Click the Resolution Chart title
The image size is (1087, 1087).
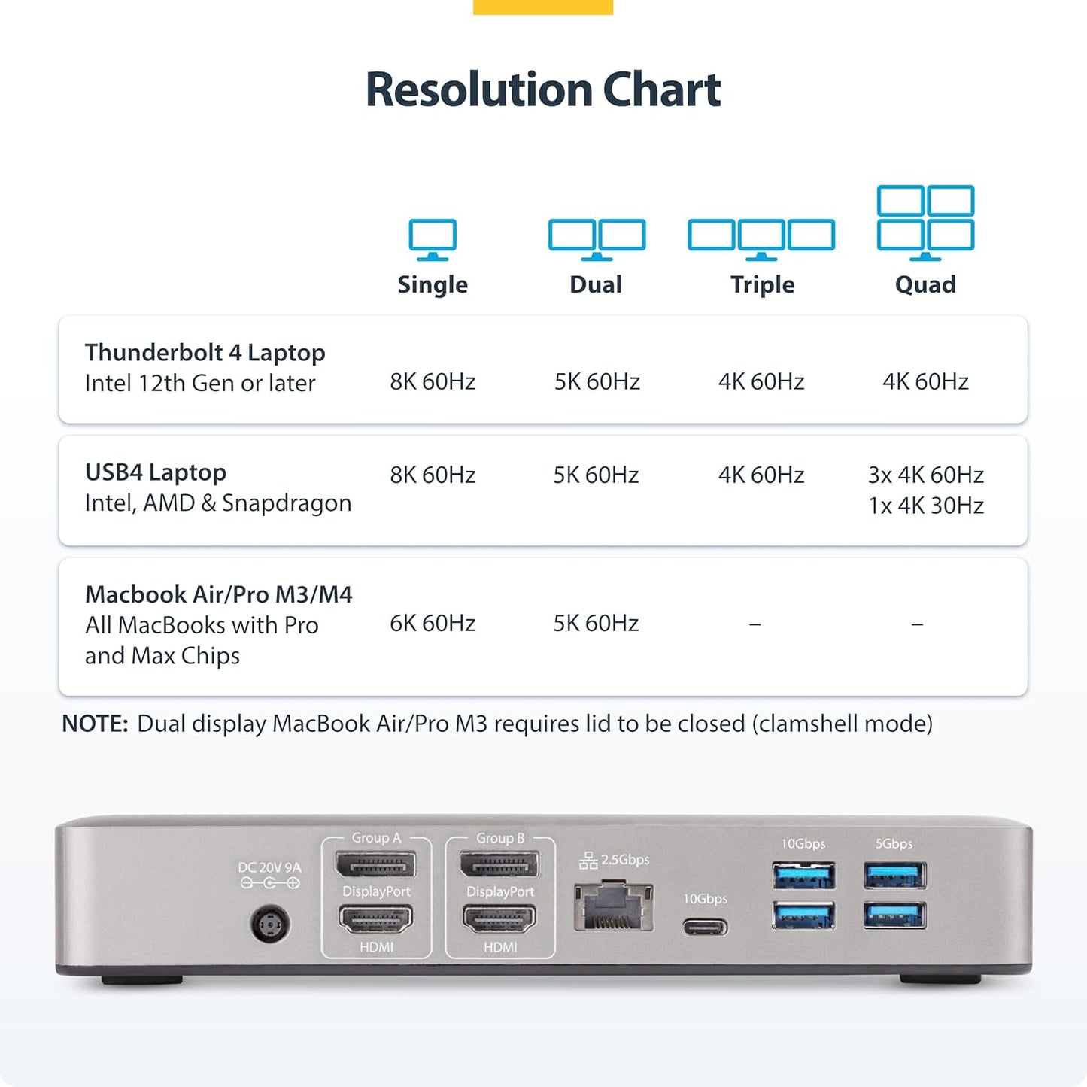pyautogui.click(x=542, y=90)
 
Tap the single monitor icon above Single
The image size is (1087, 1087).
pyautogui.click(x=433, y=238)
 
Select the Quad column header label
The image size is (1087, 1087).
pyautogui.click(x=925, y=284)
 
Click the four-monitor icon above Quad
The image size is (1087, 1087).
pyautogui.click(x=925, y=221)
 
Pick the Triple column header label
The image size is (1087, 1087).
pyautogui.click(x=762, y=284)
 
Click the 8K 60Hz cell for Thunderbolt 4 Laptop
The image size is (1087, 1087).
pyautogui.click(x=433, y=381)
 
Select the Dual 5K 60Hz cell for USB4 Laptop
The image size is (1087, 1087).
pyautogui.click(x=596, y=475)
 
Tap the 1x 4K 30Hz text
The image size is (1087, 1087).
pyautogui.click(x=925, y=506)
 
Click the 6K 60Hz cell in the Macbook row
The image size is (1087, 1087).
pyautogui.click(x=433, y=623)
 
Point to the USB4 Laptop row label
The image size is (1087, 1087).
pyautogui.click(x=156, y=472)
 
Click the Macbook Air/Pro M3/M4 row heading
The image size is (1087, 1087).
pyautogui.click(x=218, y=594)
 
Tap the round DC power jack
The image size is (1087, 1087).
pyautogui.click(x=270, y=924)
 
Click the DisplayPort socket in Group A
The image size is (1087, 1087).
pyautogui.click(x=376, y=865)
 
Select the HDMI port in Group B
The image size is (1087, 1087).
pyautogui.click(x=500, y=919)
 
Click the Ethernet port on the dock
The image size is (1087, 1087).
pyautogui.click(x=613, y=908)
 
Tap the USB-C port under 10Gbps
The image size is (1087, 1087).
pyautogui.click(x=705, y=926)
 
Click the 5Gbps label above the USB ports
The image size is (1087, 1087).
pyautogui.click(x=894, y=844)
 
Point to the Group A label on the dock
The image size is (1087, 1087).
pyautogui.click(x=376, y=838)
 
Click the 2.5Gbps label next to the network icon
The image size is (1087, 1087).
pyautogui.click(x=624, y=859)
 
